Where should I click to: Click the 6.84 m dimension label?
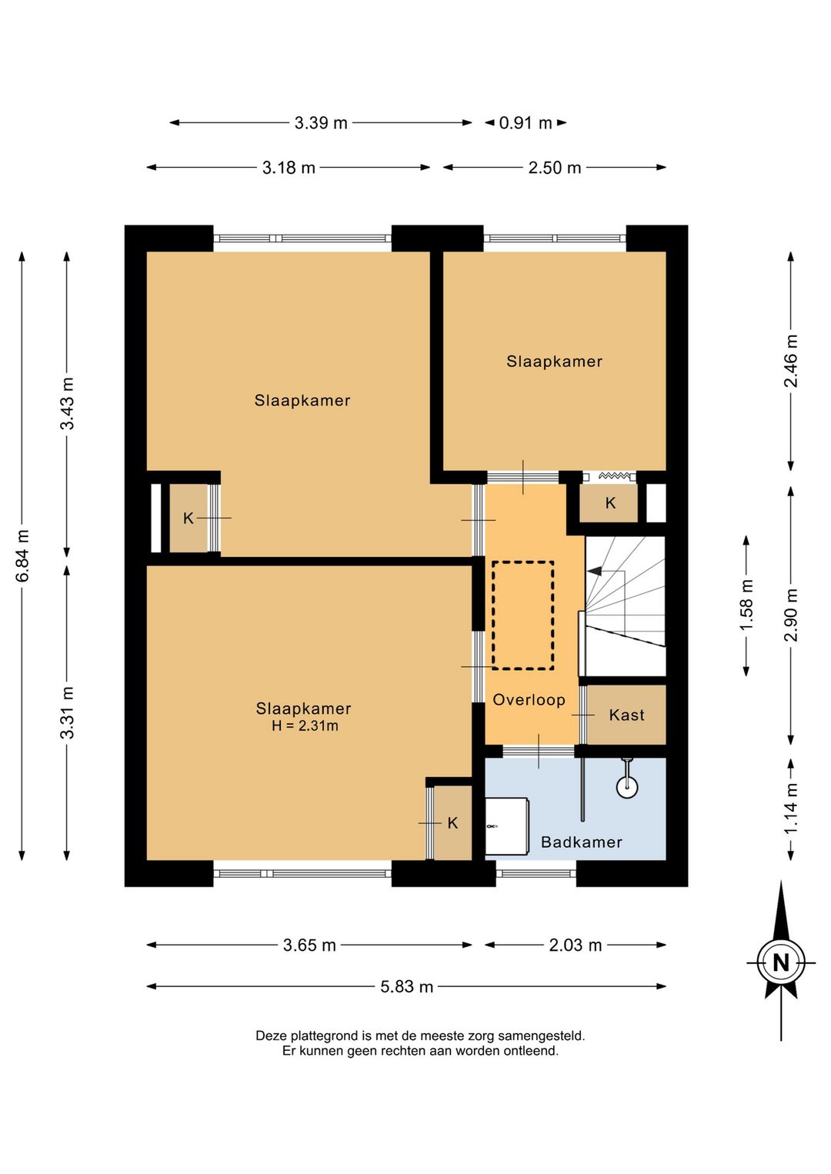(22, 555)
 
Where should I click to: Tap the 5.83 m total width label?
(407, 987)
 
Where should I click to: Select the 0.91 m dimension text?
(526, 123)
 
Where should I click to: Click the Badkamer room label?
(582, 842)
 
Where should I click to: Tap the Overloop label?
(529, 699)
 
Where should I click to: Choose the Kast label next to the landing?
(626, 715)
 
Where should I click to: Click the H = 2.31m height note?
(305, 726)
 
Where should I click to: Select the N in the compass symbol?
(781, 962)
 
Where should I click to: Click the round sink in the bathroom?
(627, 786)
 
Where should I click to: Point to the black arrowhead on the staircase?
(595, 572)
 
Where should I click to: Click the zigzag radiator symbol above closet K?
(615, 476)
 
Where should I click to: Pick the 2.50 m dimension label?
(555, 168)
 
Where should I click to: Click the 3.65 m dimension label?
(309, 945)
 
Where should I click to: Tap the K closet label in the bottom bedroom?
(453, 823)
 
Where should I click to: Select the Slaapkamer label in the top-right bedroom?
(554, 361)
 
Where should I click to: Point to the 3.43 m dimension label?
(67, 404)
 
